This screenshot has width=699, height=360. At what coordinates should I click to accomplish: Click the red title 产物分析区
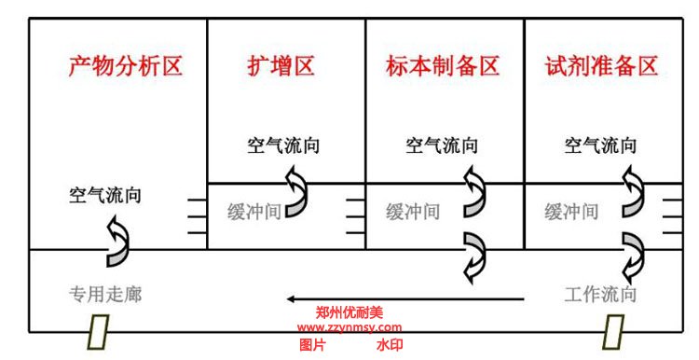pos(126,67)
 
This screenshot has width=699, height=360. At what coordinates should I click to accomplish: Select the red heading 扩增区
pos(281,67)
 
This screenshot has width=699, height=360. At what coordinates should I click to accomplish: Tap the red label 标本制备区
pos(443,67)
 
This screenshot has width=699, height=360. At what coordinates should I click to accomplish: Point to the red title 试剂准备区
pos(602,67)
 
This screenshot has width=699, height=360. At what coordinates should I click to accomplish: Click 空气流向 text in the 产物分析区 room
pos(106,196)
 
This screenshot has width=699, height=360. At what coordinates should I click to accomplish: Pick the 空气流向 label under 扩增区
pos(284,145)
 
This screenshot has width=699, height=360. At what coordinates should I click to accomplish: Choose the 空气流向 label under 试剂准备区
pos(602,145)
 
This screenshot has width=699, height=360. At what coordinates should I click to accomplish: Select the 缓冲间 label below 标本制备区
pos(413,211)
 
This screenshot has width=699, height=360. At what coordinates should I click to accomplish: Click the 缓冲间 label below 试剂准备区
pos(571,211)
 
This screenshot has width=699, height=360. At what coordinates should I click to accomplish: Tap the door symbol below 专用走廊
pos(99,330)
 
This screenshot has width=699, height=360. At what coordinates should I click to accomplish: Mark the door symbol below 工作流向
pos(614,330)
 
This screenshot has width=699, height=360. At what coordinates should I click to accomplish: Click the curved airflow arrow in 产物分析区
pos(118,240)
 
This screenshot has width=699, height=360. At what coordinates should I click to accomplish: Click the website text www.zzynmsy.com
pos(349,327)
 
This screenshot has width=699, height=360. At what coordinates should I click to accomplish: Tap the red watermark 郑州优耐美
pos(349,313)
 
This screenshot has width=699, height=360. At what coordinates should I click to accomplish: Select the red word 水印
pos(390,344)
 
